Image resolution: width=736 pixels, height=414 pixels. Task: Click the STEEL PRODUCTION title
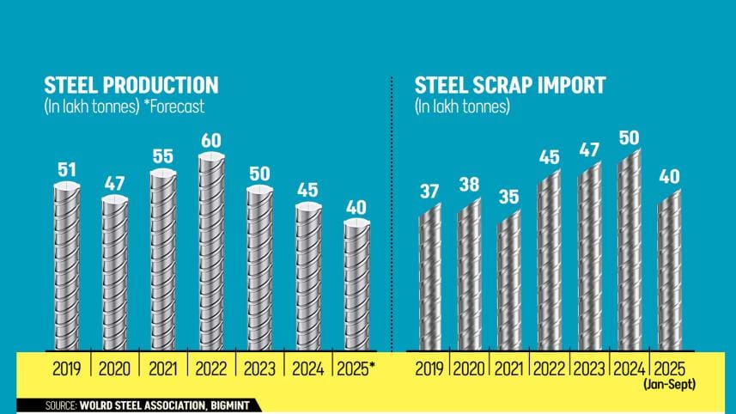pyautogui.click(x=131, y=86)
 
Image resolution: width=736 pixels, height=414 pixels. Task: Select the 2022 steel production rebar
pyautogui.click(x=210, y=253)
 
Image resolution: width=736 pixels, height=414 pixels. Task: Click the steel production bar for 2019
pyautogui.click(x=66, y=266)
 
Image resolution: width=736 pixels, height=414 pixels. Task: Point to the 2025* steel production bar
pyautogui.click(x=356, y=283)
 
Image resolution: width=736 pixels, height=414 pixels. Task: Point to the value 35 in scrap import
pyautogui.click(x=509, y=196)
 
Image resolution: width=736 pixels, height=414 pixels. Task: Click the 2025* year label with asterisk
pyautogui.click(x=358, y=370)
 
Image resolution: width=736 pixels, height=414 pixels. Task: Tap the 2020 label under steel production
pyautogui.click(x=114, y=370)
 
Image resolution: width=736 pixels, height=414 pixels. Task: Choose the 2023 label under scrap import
pyautogui.click(x=589, y=370)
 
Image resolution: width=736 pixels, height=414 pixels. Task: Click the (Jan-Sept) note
pyautogui.click(x=670, y=386)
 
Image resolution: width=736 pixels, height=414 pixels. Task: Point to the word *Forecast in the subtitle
pyautogui.click(x=175, y=107)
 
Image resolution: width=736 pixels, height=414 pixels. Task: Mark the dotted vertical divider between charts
pyautogui.click(x=392, y=215)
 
